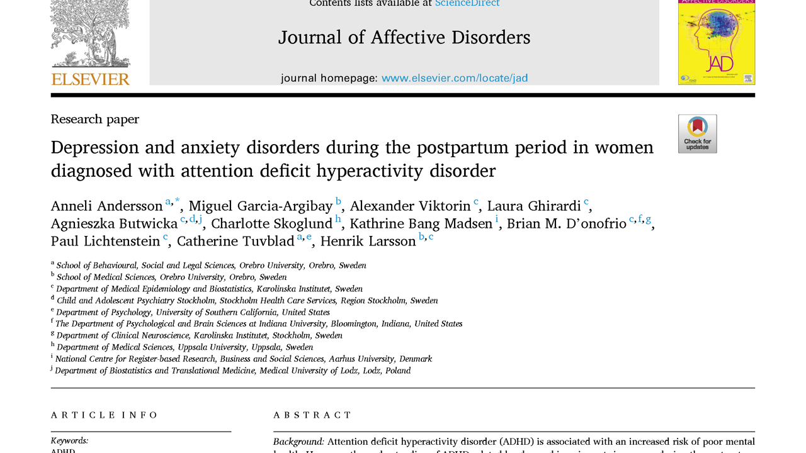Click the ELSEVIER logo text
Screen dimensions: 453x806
[90, 79]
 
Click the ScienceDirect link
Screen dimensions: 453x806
[467, 3]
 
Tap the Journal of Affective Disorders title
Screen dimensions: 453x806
[404, 38]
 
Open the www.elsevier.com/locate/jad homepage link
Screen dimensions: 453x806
[455, 79]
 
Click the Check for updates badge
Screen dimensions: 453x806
[697, 133]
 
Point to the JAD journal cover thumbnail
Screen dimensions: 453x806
[716, 42]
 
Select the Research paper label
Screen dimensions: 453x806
[94, 119]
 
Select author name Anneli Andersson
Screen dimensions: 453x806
[106, 206]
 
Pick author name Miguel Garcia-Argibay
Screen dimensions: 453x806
[261, 206]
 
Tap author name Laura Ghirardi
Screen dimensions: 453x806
[534, 206]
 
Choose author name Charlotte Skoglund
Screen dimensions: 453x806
[271, 224]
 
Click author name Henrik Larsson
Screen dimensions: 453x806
[368, 242]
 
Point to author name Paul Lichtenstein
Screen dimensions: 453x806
[105, 242]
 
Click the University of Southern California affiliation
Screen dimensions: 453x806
[242, 312]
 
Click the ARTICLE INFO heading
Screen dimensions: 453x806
[105, 415]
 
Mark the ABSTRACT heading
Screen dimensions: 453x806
[312, 415]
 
